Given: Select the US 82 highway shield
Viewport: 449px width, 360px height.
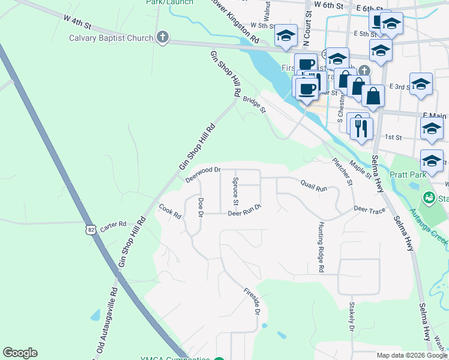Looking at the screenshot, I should [89, 229].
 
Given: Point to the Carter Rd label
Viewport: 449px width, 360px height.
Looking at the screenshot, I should [113, 225].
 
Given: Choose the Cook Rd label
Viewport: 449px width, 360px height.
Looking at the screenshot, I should [170, 211].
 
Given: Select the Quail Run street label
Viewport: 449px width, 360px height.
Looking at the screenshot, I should [313, 187].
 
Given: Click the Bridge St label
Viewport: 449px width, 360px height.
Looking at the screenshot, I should [254, 104].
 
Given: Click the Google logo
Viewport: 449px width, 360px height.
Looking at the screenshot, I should [20, 353].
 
